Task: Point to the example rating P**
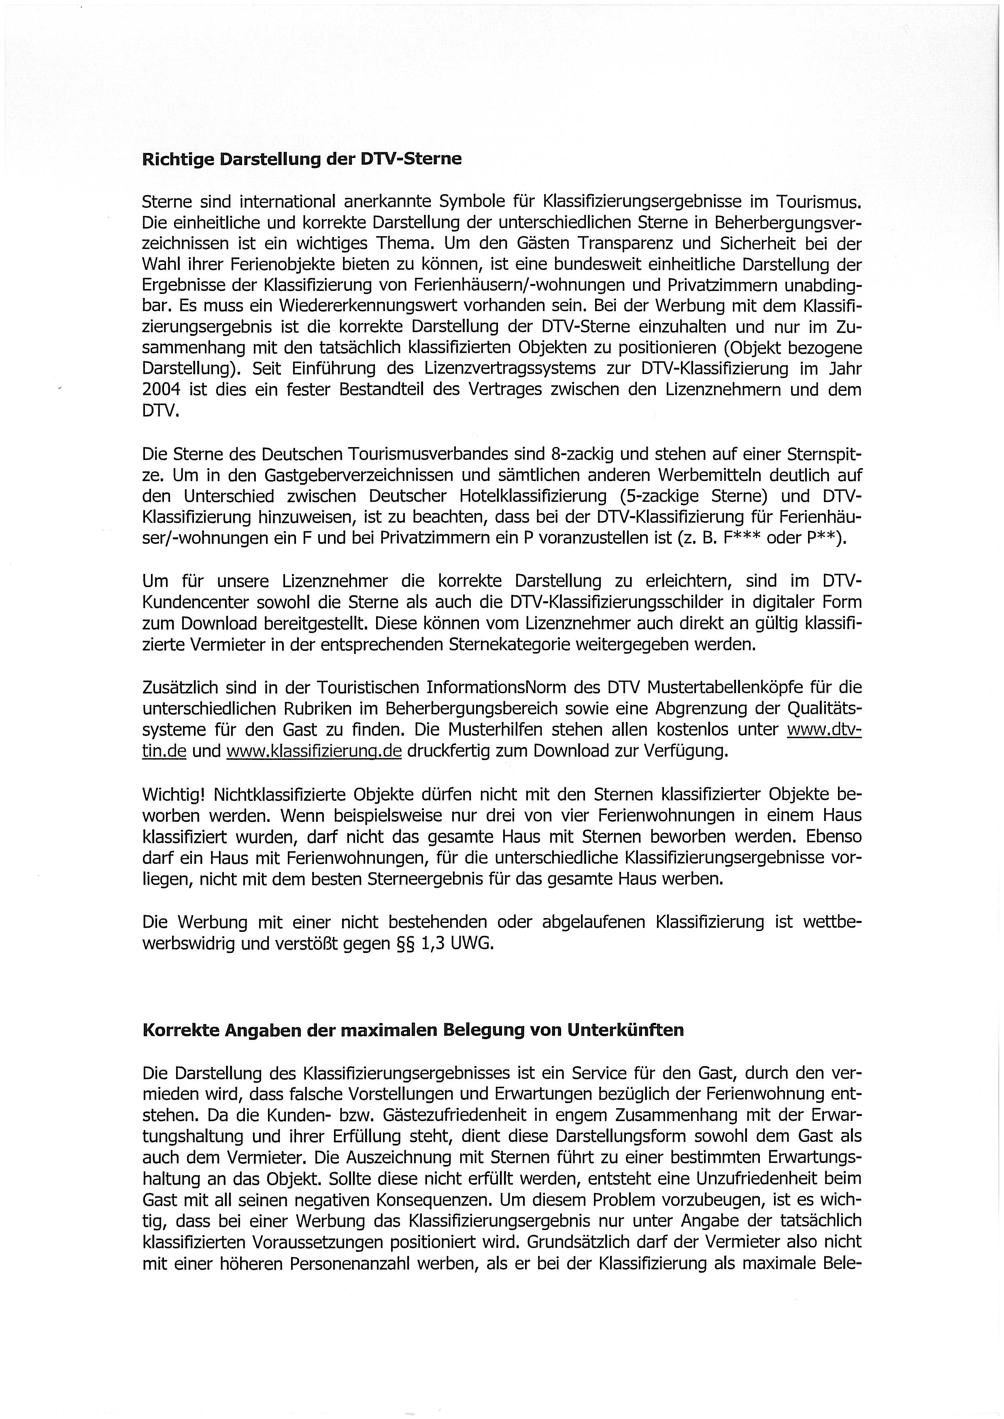(x=822, y=538)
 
